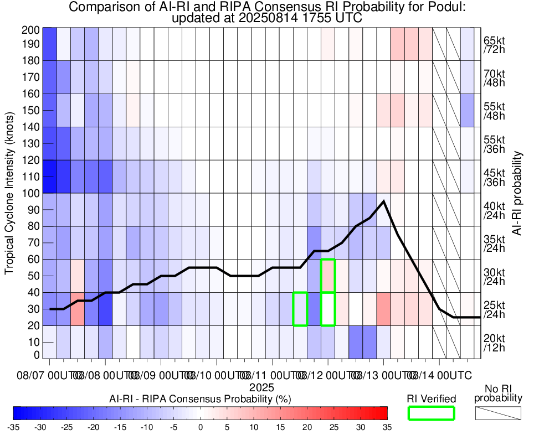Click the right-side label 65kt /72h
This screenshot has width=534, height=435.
tap(494, 45)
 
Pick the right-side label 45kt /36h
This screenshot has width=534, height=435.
tap(494, 177)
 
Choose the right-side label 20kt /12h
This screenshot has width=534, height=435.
tap(494, 342)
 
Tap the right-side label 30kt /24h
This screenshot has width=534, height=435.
tap(494, 276)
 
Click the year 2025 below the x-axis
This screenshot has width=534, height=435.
tap(258, 387)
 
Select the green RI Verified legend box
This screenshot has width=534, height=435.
tap(431, 413)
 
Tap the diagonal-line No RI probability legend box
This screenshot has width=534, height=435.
tap(497, 413)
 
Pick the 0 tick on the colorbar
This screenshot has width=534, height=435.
tap(200, 427)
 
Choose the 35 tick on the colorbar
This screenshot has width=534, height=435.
tap(387, 427)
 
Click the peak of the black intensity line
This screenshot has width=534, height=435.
tap(383, 201)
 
